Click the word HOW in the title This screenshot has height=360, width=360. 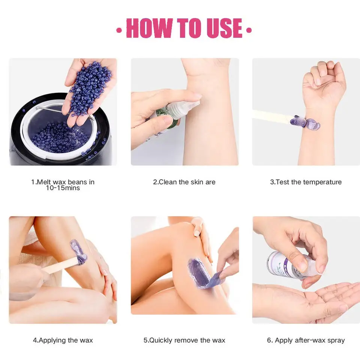click(149, 28)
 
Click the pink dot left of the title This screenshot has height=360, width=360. click(119, 30)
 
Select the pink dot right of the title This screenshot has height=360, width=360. click(249, 30)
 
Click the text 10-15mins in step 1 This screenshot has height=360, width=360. click(63, 188)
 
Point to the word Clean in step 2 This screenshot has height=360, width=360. click(168, 182)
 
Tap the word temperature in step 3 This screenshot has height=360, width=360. click(323, 182)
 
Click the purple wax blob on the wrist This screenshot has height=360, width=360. click(305, 122)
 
